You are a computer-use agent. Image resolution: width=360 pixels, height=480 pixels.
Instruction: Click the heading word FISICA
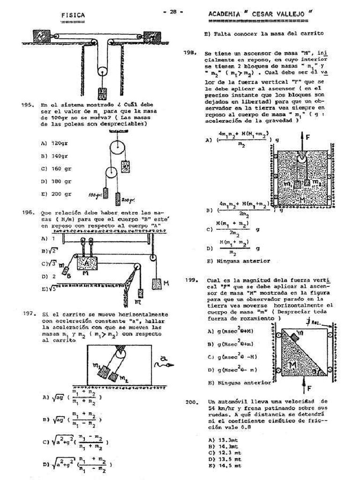pyautogui.click(x=73, y=15)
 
